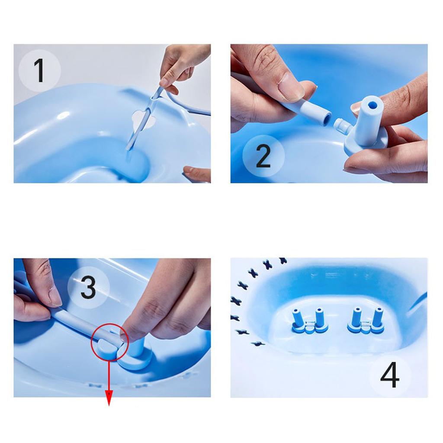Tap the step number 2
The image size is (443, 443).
(263, 155)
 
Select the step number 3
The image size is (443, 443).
(88, 287)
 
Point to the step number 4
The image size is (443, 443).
(390, 375)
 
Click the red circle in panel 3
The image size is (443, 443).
(109, 342)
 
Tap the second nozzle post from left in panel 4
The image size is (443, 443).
(320, 318)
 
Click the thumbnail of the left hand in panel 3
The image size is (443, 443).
(55, 298)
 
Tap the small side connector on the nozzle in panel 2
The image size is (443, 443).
(342, 127)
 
